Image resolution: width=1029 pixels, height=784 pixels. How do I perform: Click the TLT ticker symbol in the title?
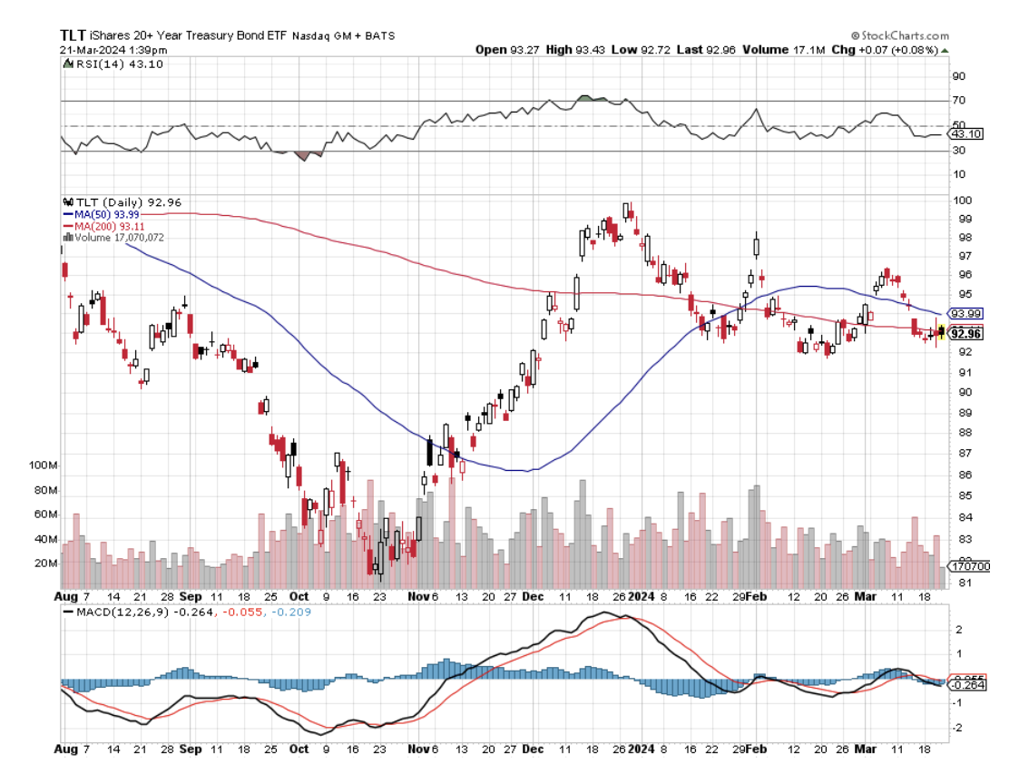point(73,35)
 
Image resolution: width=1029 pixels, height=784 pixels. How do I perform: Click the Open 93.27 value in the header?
point(505,49)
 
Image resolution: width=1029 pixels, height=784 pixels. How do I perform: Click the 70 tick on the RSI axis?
point(958,101)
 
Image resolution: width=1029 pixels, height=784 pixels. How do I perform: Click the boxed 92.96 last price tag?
point(965,334)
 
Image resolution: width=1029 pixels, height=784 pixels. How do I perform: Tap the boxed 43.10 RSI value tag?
point(964,134)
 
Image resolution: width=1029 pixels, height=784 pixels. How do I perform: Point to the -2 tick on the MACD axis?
point(958,728)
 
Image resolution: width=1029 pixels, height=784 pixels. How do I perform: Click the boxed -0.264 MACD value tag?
point(966,685)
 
